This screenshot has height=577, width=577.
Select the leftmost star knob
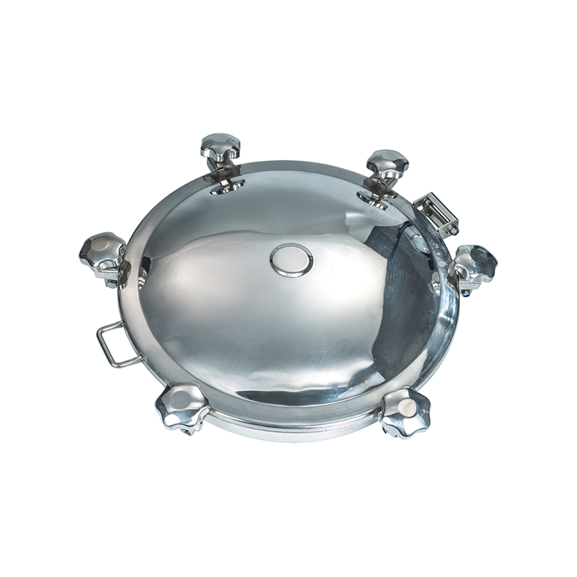coord(102,250)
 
